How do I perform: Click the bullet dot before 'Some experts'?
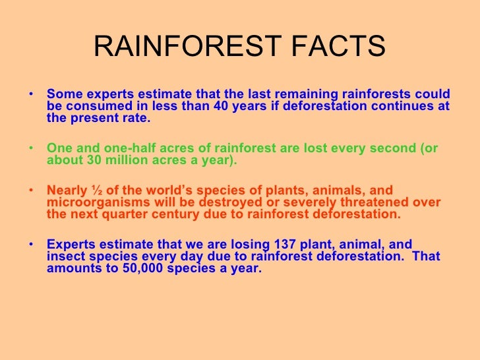pyautogui.click(x=33, y=94)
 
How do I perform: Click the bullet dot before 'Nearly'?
pyautogui.click(x=33, y=191)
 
